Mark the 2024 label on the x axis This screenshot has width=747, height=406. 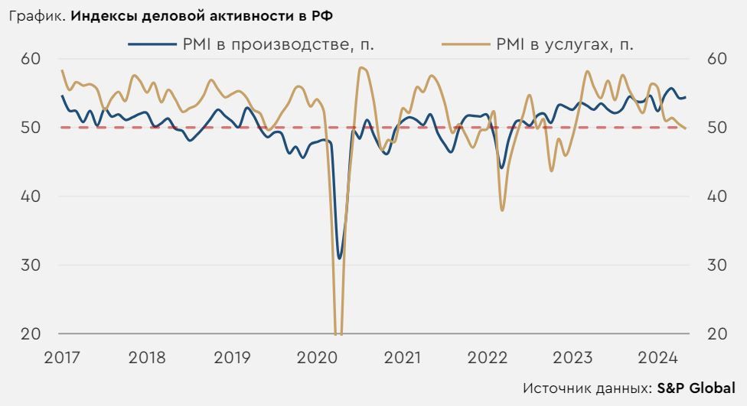point(657,357)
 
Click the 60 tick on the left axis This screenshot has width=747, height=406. point(31,58)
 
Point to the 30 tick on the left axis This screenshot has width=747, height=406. point(31,265)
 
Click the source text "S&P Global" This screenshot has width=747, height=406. point(696,388)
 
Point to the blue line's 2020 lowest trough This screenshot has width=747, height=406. point(340,258)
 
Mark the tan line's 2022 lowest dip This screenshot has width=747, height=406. point(502,209)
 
